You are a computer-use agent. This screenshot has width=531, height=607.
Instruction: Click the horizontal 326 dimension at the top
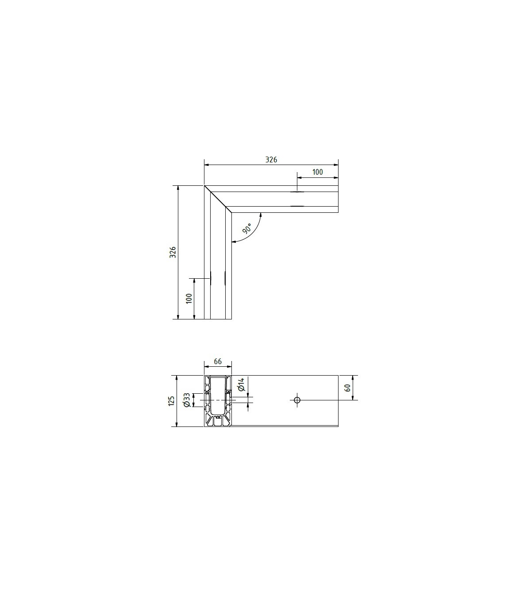point(271,160)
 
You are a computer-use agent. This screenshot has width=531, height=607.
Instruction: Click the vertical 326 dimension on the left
point(173,252)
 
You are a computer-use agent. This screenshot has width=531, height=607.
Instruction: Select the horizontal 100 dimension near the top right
point(317,172)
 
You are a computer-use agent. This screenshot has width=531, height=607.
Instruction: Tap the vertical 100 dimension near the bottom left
point(189,298)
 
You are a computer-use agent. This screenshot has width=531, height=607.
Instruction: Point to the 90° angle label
point(247,228)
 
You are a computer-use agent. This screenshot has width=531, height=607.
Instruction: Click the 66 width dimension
point(218,361)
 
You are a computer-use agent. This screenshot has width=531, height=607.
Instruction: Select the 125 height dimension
point(171,401)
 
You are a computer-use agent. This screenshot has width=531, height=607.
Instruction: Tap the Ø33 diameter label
point(186,400)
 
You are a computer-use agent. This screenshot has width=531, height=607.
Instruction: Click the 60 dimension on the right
point(347,388)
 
